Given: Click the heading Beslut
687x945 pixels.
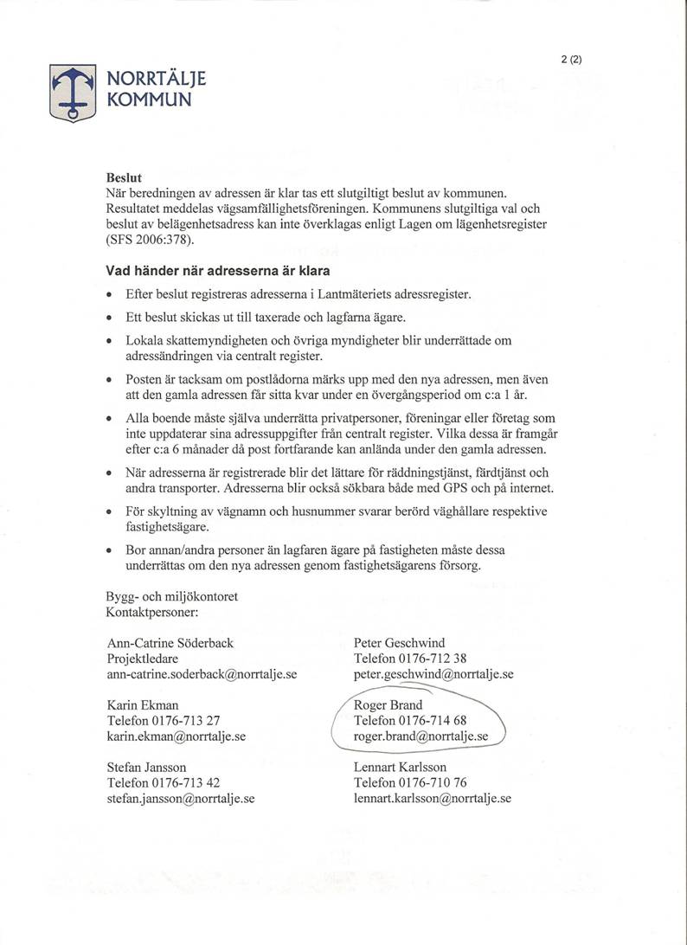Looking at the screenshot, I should click(123, 177).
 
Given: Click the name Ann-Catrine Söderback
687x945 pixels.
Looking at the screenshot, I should click(170, 643).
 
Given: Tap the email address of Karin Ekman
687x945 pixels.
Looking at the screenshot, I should click(177, 736).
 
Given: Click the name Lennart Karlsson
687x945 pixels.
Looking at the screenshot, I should click(400, 768).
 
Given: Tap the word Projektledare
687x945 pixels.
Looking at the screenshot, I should click(143, 659).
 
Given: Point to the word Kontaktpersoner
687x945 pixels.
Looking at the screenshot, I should click(152, 613).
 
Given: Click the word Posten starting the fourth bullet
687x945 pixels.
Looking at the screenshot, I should click(143, 380).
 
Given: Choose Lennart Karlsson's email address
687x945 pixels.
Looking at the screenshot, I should click(433, 799).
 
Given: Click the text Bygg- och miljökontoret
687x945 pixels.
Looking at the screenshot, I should click(170, 597).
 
